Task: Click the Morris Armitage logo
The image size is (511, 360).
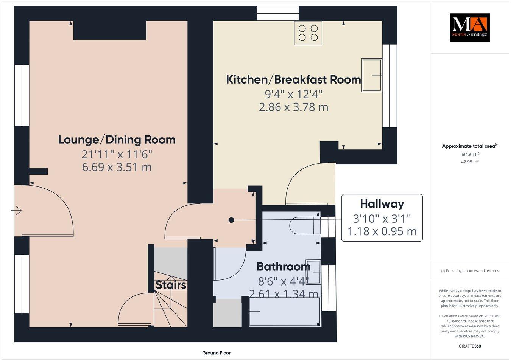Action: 469,27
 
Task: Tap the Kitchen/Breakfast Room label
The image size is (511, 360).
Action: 293,80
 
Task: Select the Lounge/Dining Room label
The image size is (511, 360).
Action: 117,140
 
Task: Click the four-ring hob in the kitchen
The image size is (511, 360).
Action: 308,33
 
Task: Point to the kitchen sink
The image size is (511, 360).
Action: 372,75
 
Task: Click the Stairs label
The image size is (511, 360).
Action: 171,285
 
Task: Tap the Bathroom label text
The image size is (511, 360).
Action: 283,267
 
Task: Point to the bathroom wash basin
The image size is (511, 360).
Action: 313,272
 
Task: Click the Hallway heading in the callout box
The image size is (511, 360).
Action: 382,204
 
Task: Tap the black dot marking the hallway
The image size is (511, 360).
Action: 231,220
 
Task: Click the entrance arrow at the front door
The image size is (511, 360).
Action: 17,210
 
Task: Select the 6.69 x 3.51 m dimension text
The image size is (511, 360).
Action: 117,167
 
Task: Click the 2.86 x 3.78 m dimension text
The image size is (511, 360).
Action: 293,107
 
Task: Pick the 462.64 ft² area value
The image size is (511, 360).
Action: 470,154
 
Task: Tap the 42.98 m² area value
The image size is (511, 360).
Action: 470,162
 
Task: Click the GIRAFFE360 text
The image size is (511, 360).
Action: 469,346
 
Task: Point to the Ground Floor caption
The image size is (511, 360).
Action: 216,353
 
